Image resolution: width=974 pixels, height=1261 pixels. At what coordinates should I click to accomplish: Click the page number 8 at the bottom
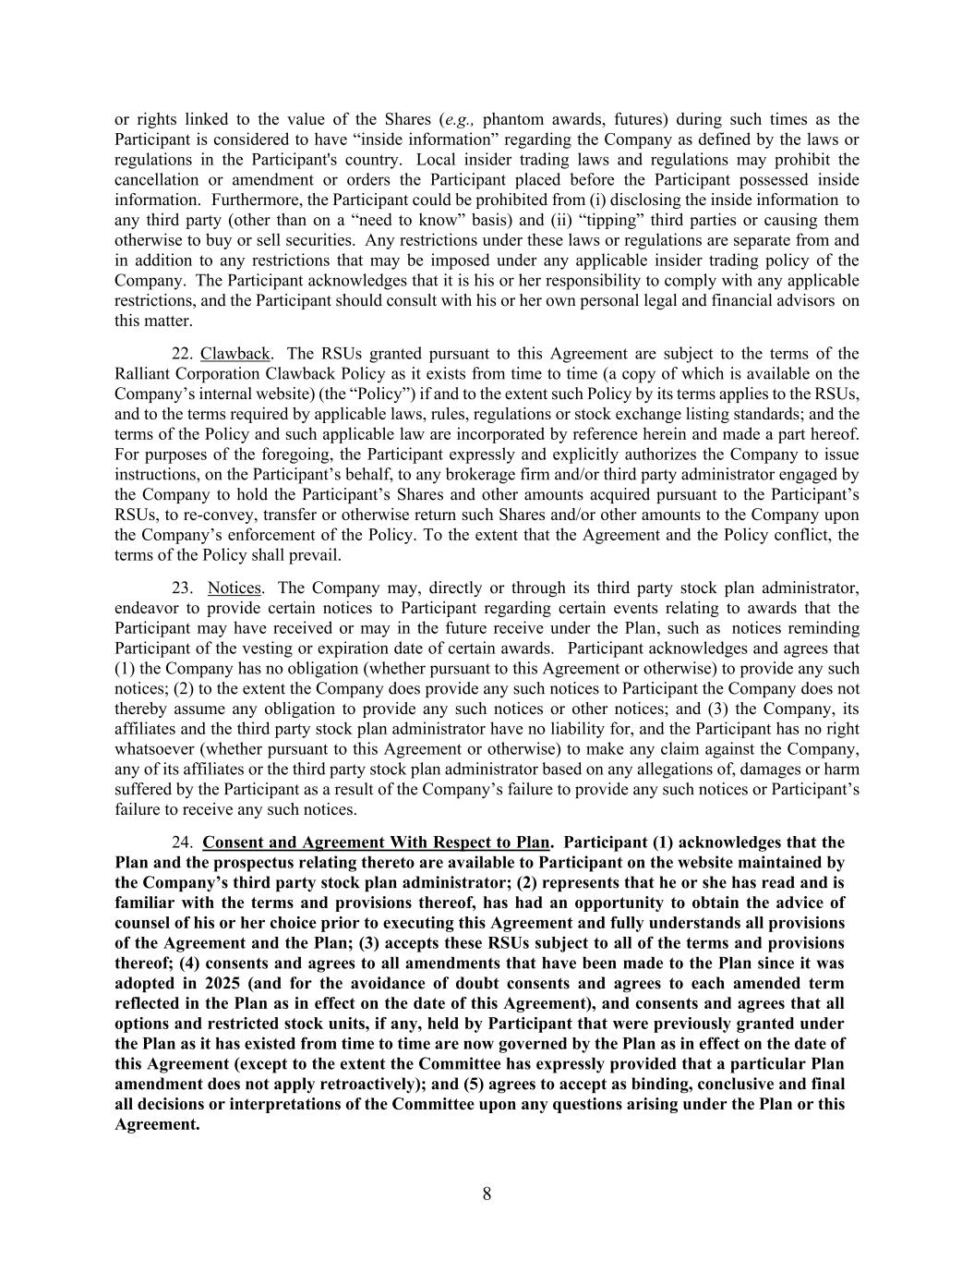487,1194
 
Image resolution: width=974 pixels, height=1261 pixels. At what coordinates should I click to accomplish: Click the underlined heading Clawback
235,354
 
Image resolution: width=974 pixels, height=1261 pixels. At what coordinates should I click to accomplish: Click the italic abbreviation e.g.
460,119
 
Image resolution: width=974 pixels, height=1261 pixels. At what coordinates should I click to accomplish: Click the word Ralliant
143,374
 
